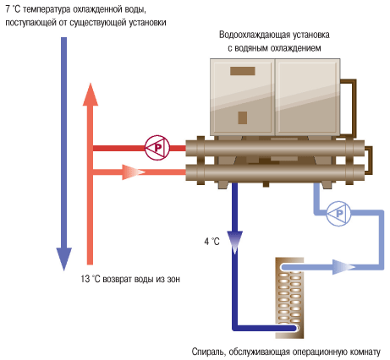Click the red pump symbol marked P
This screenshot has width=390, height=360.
point(156,147)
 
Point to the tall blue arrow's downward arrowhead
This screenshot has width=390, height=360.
point(63,257)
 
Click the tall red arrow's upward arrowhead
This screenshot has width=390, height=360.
point(91,95)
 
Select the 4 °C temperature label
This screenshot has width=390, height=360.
point(211,242)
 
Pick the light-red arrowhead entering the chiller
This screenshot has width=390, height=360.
point(133,172)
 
